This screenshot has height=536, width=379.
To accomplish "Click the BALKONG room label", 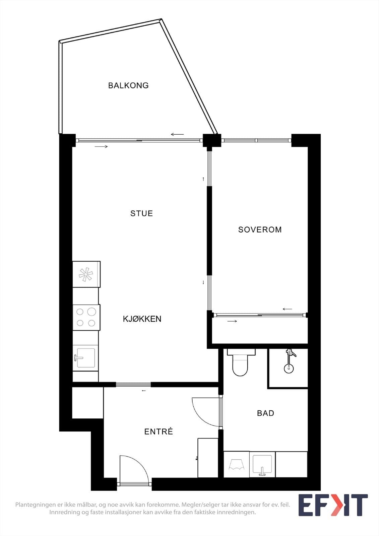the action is [128, 85].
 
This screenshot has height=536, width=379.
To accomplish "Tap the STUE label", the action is [141, 213].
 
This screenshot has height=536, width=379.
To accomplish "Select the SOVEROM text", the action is [260, 230].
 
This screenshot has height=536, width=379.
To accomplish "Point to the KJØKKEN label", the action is [142, 319].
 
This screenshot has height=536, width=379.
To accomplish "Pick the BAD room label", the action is [265, 413].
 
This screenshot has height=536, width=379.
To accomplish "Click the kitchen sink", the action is [85, 358].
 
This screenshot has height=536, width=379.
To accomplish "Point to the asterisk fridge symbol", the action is [86, 274].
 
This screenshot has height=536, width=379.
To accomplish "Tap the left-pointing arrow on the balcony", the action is [177, 134].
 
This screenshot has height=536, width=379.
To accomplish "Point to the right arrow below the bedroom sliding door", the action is [232, 321].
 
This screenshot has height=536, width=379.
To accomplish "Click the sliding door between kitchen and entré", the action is [133, 385].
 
